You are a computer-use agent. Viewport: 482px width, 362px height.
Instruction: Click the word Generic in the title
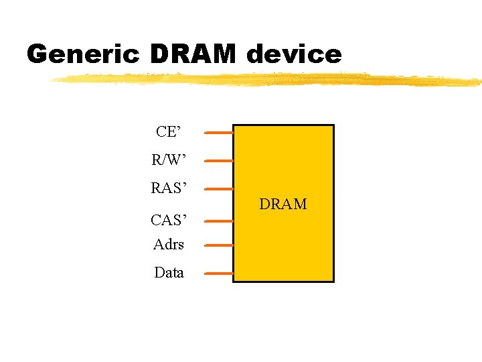point(82,54)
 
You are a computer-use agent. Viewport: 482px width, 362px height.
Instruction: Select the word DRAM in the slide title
point(193,54)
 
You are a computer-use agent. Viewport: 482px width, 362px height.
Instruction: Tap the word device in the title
point(294,54)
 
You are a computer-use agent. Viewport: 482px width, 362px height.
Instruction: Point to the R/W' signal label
point(169,160)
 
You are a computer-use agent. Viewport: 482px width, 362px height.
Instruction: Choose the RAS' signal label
point(169,188)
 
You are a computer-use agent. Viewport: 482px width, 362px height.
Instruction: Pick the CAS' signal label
point(169,219)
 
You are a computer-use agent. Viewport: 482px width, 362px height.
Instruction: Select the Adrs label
point(169,245)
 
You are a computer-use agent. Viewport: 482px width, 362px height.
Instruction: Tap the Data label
point(169,273)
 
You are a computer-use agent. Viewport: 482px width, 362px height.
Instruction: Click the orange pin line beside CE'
point(218,133)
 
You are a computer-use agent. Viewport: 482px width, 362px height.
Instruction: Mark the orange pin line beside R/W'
point(218,161)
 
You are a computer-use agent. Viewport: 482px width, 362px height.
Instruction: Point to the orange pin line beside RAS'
point(218,189)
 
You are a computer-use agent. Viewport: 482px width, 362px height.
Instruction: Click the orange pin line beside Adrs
point(218,245)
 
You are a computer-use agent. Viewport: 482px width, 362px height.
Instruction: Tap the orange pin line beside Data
point(218,274)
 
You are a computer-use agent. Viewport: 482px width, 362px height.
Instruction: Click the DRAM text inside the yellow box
point(283,204)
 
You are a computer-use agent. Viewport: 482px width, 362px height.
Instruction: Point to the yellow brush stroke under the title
point(268,79)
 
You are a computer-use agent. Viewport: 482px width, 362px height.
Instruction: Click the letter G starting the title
point(39,54)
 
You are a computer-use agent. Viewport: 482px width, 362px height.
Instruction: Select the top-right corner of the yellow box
point(333,125)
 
